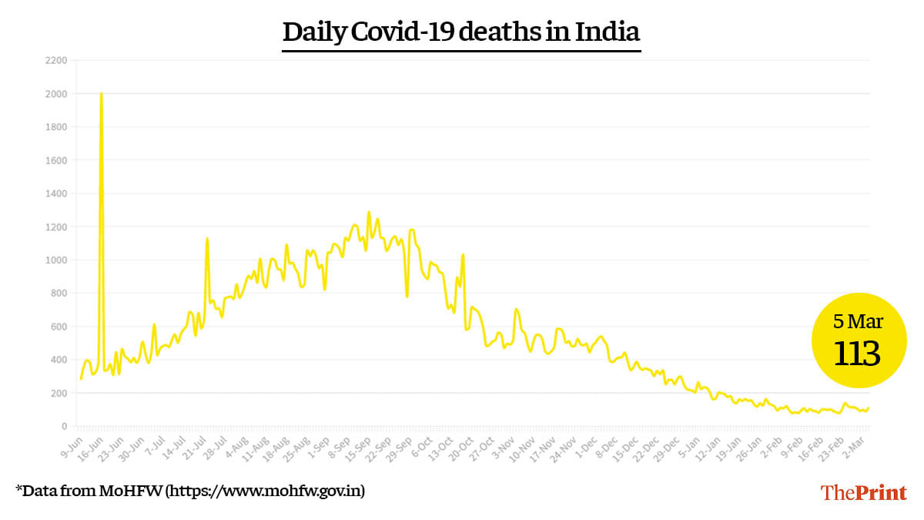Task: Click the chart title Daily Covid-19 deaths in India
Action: click(x=461, y=32)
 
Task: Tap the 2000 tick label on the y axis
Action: click(x=57, y=93)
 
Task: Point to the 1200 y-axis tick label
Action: click(x=57, y=226)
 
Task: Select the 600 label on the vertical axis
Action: click(x=59, y=327)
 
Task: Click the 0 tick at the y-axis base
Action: click(x=65, y=426)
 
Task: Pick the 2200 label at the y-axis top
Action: click(x=57, y=60)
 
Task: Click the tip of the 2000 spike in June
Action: click(x=102, y=94)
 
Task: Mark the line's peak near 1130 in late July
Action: click(x=207, y=239)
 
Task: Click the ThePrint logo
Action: click(x=863, y=493)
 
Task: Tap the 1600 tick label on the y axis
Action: click(x=57, y=160)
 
